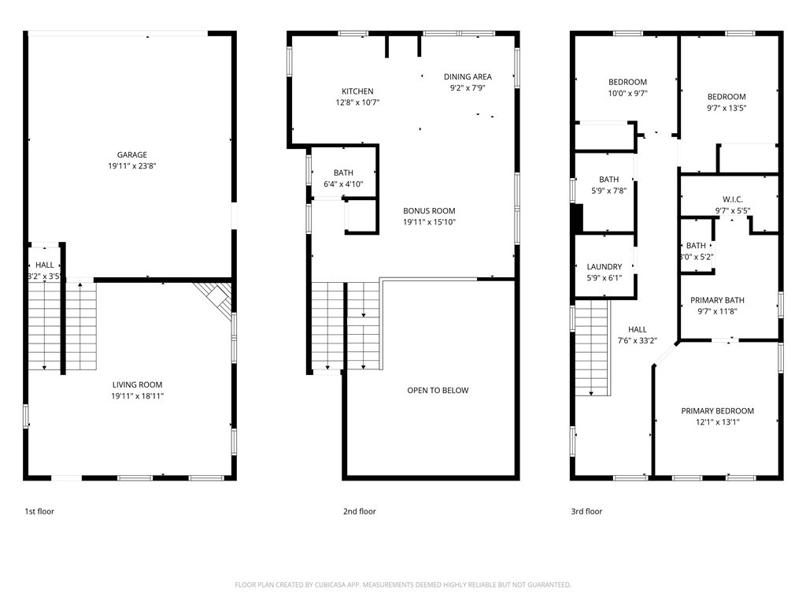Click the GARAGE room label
pyautogui.click(x=132, y=155)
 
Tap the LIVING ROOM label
pyautogui.click(x=137, y=385)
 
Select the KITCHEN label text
pyautogui.click(x=357, y=91)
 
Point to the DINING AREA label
pyautogui.click(x=468, y=77)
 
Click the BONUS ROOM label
pyautogui.click(x=429, y=211)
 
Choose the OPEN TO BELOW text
pyautogui.click(x=438, y=391)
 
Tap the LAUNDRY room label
pyautogui.click(x=604, y=267)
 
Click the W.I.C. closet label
pyautogui.click(x=732, y=200)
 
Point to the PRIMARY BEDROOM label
pyautogui.click(x=717, y=411)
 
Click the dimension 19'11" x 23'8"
pyautogui.click(x=132, y=166)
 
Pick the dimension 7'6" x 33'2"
pyautogui.click(x=638, y=341)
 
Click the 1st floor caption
pyautogui.click(x=39, y=512)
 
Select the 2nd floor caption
pyautogui.click(x=360, y=512)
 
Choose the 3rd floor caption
pyautogui.click(x=586, y=512)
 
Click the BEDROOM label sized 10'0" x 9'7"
pyautogui.click(x=627, y=82)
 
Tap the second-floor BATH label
pyautogui.click(x=343, y=173)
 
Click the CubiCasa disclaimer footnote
pyautogui.click(x=403, y=585)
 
